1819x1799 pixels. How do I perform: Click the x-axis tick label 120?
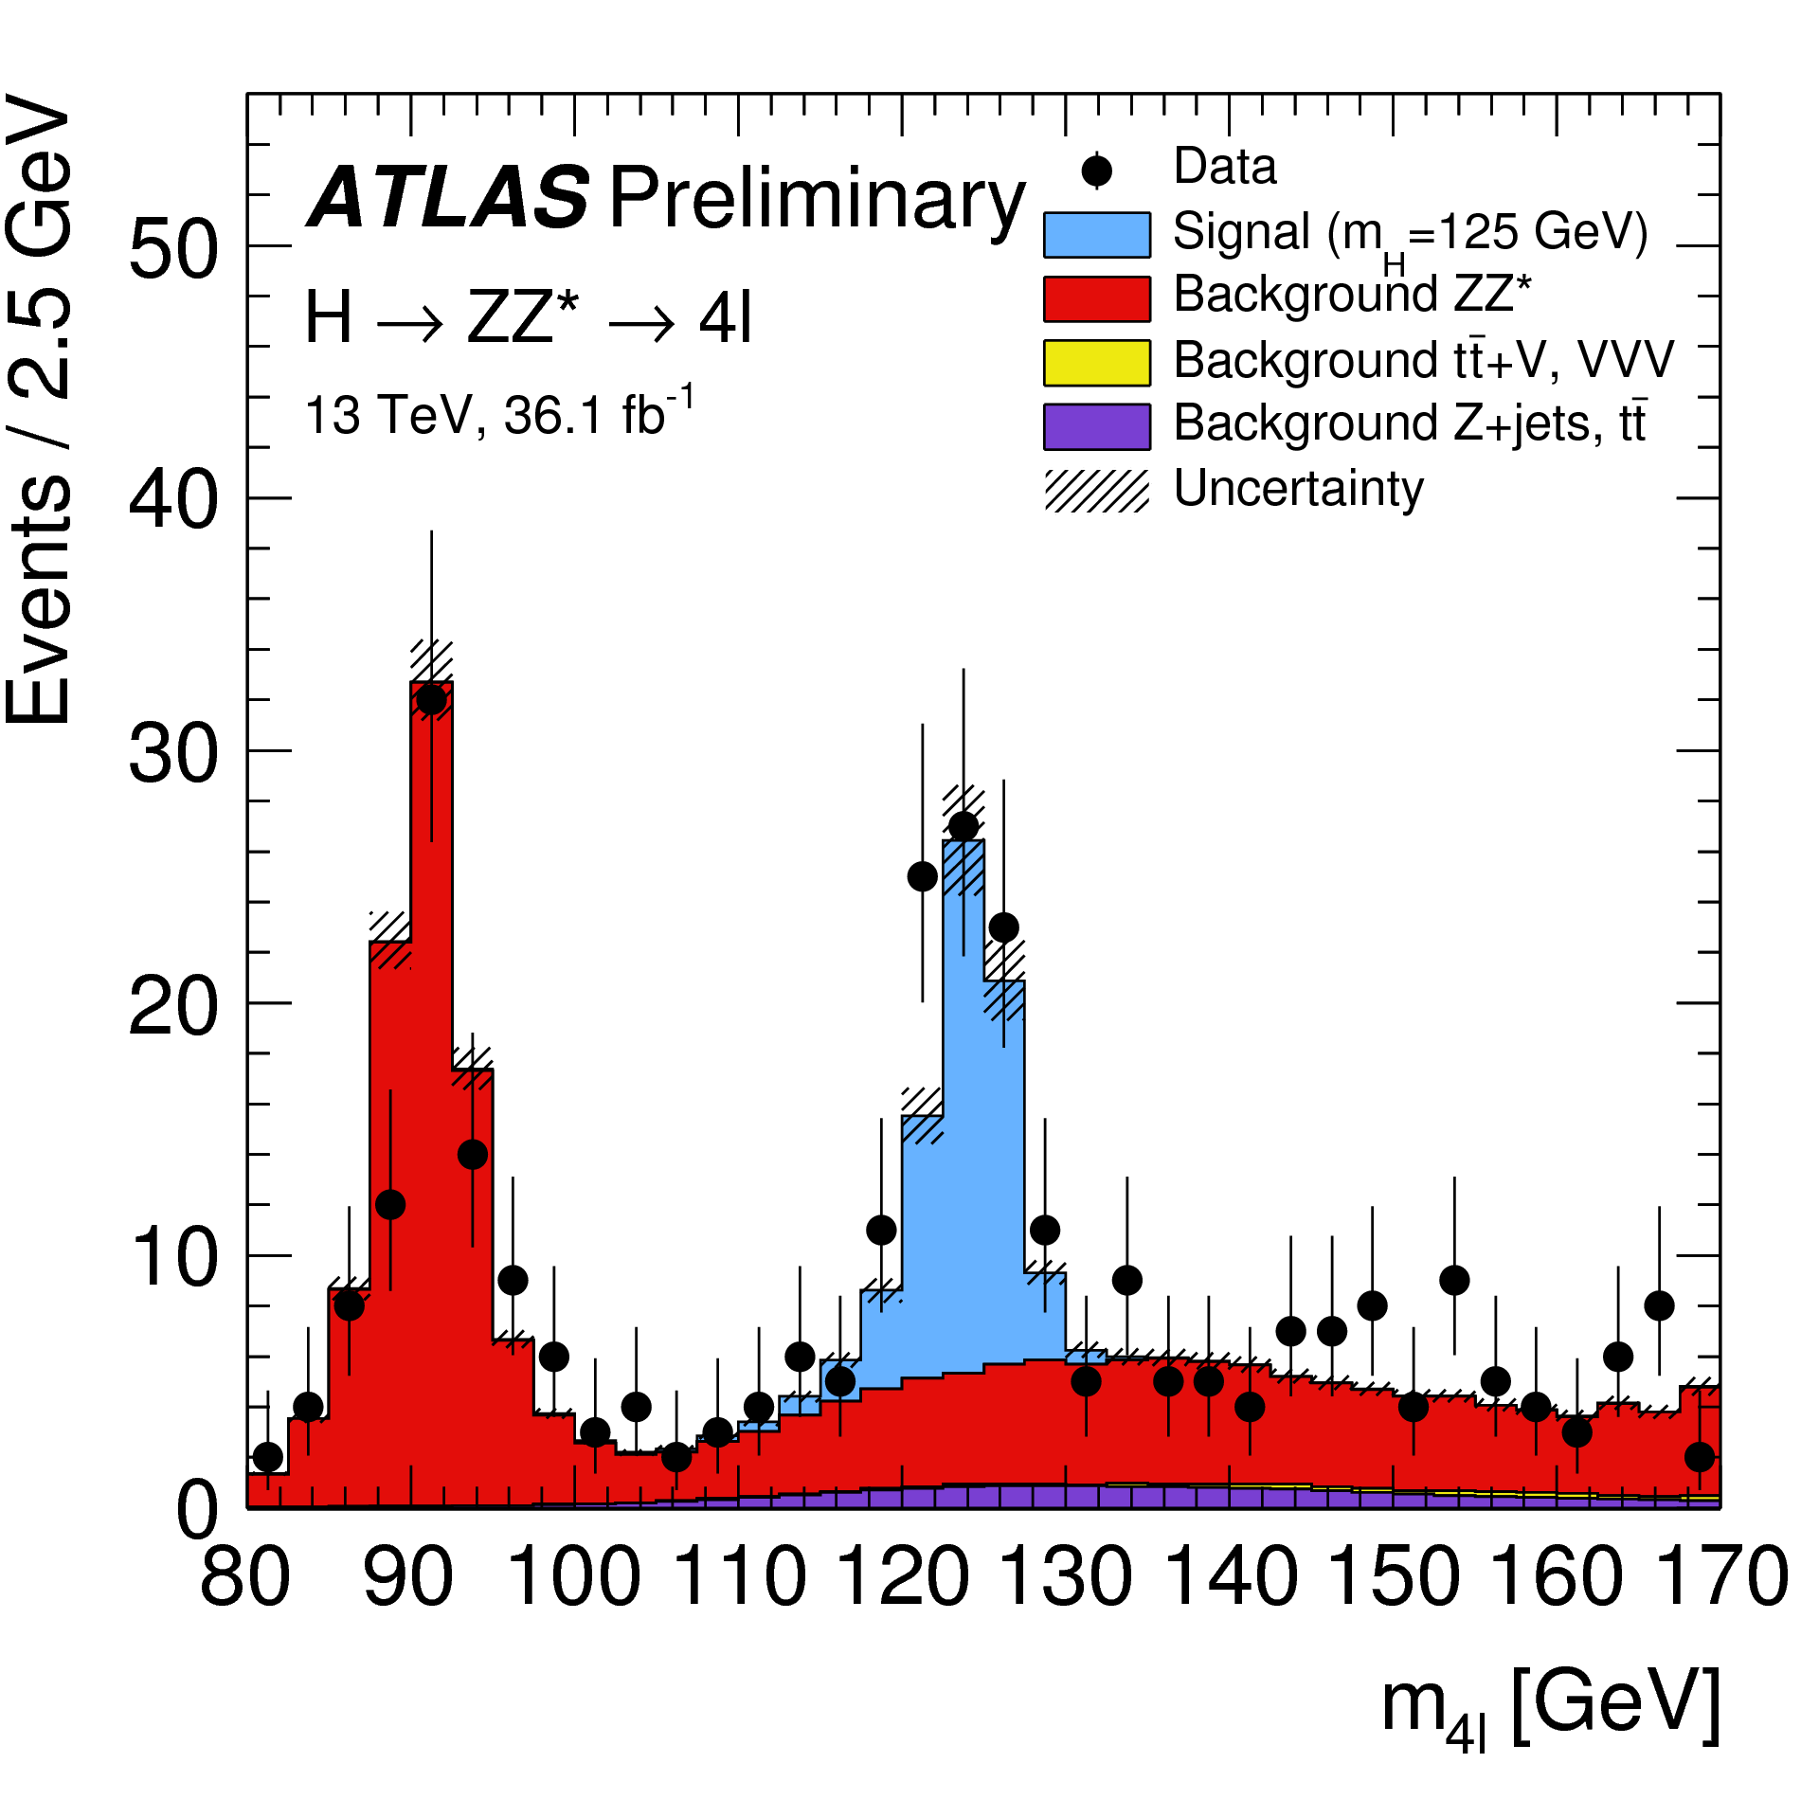(903, 1576)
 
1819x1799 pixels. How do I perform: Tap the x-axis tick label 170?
(1720, 1576)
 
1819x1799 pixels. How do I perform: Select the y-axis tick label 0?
(199, 1510)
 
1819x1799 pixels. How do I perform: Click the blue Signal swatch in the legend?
(1097, 235)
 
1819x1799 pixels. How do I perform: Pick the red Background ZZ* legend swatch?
(1097, 298)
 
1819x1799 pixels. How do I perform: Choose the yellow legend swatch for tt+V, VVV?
(1097, 363)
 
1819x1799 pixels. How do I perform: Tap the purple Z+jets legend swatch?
(1097, 426)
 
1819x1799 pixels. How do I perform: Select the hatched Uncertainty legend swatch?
(1097, 491)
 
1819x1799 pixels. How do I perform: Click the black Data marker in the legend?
(1097, 171)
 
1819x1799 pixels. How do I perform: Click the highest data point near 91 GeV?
(431, 700)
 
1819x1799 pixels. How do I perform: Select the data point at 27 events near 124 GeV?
(964, 826)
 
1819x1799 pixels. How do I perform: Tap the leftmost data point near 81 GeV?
(268, 1456)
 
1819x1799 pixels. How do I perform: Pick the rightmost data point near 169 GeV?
(1700, 1456)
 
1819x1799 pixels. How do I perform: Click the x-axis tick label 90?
(409, 1576)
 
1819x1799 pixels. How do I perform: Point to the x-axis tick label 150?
(1393, 1576)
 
